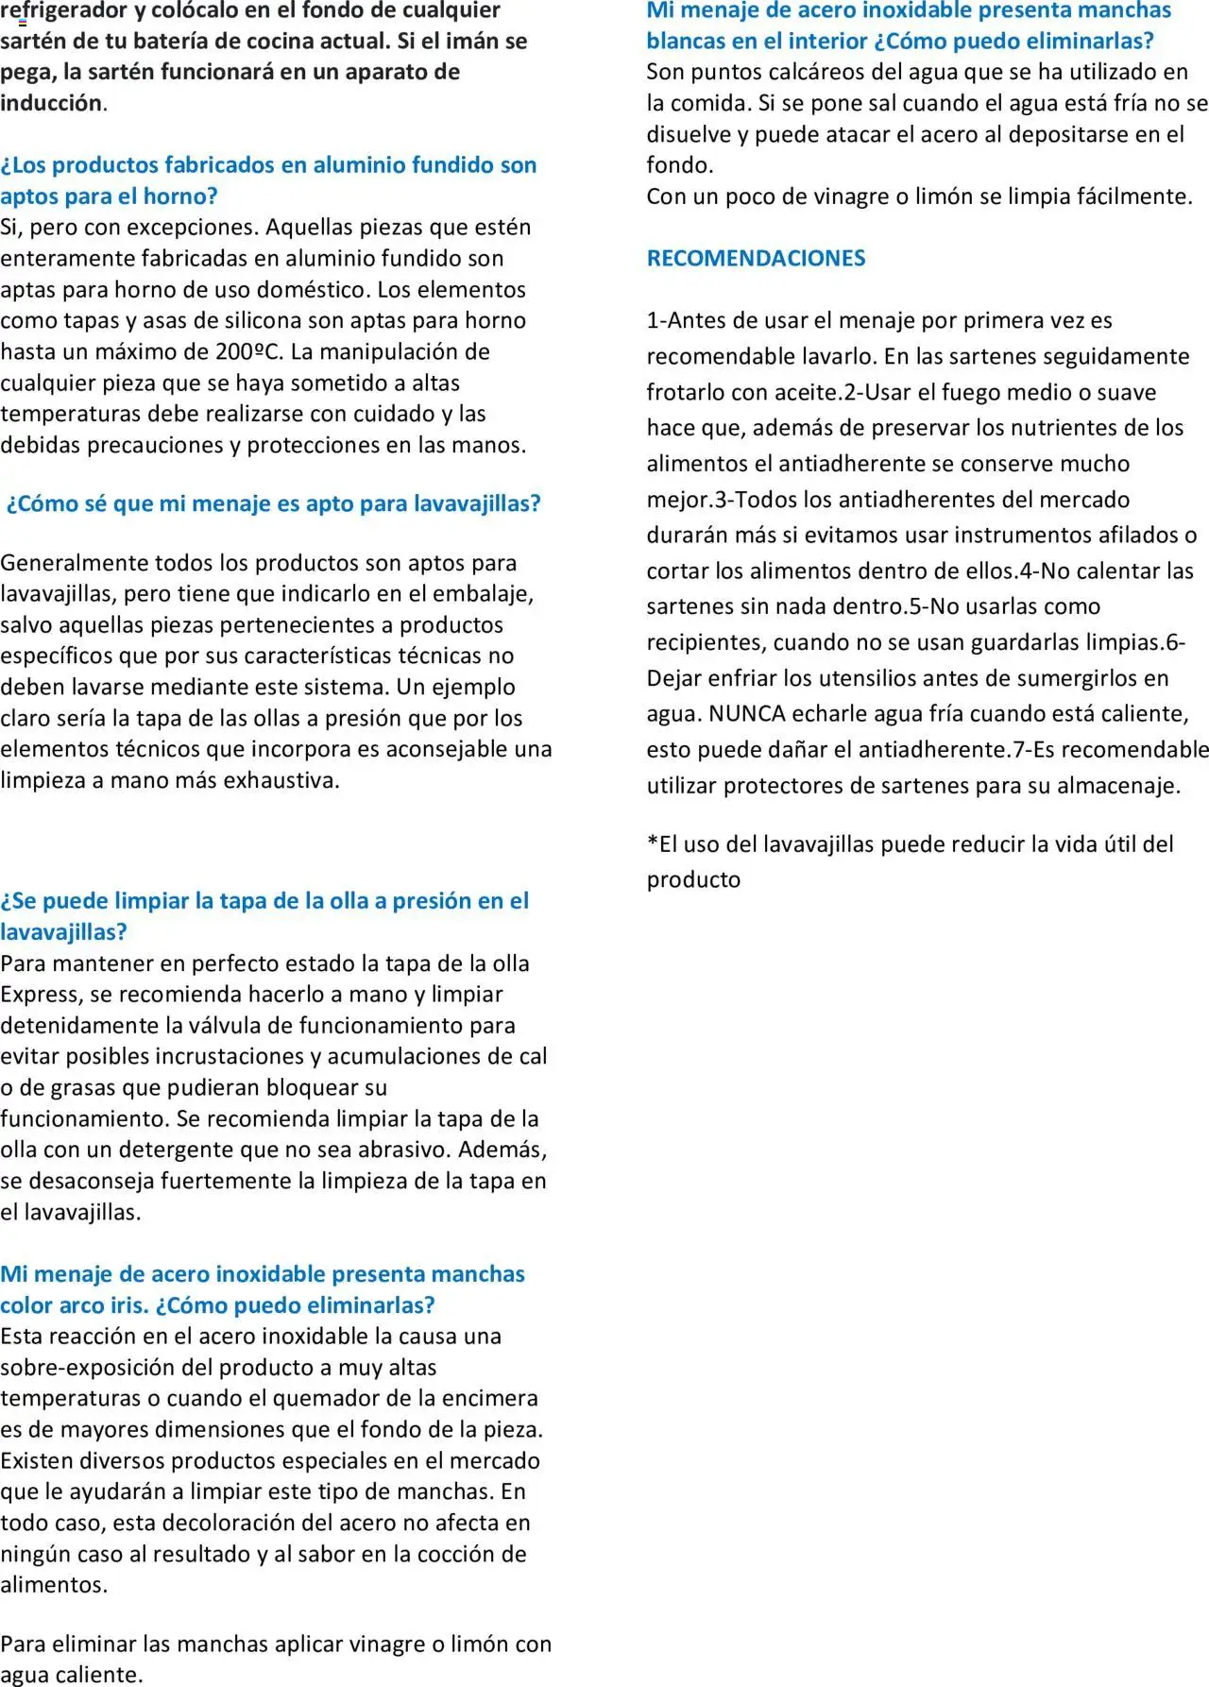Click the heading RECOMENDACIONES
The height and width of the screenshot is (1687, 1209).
(x=756, y=258)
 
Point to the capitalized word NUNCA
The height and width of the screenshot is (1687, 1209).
(x=747, y=713)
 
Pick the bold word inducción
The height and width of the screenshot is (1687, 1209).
(x=51, y=103)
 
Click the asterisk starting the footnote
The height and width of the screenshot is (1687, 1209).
(x=652, y=843)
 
